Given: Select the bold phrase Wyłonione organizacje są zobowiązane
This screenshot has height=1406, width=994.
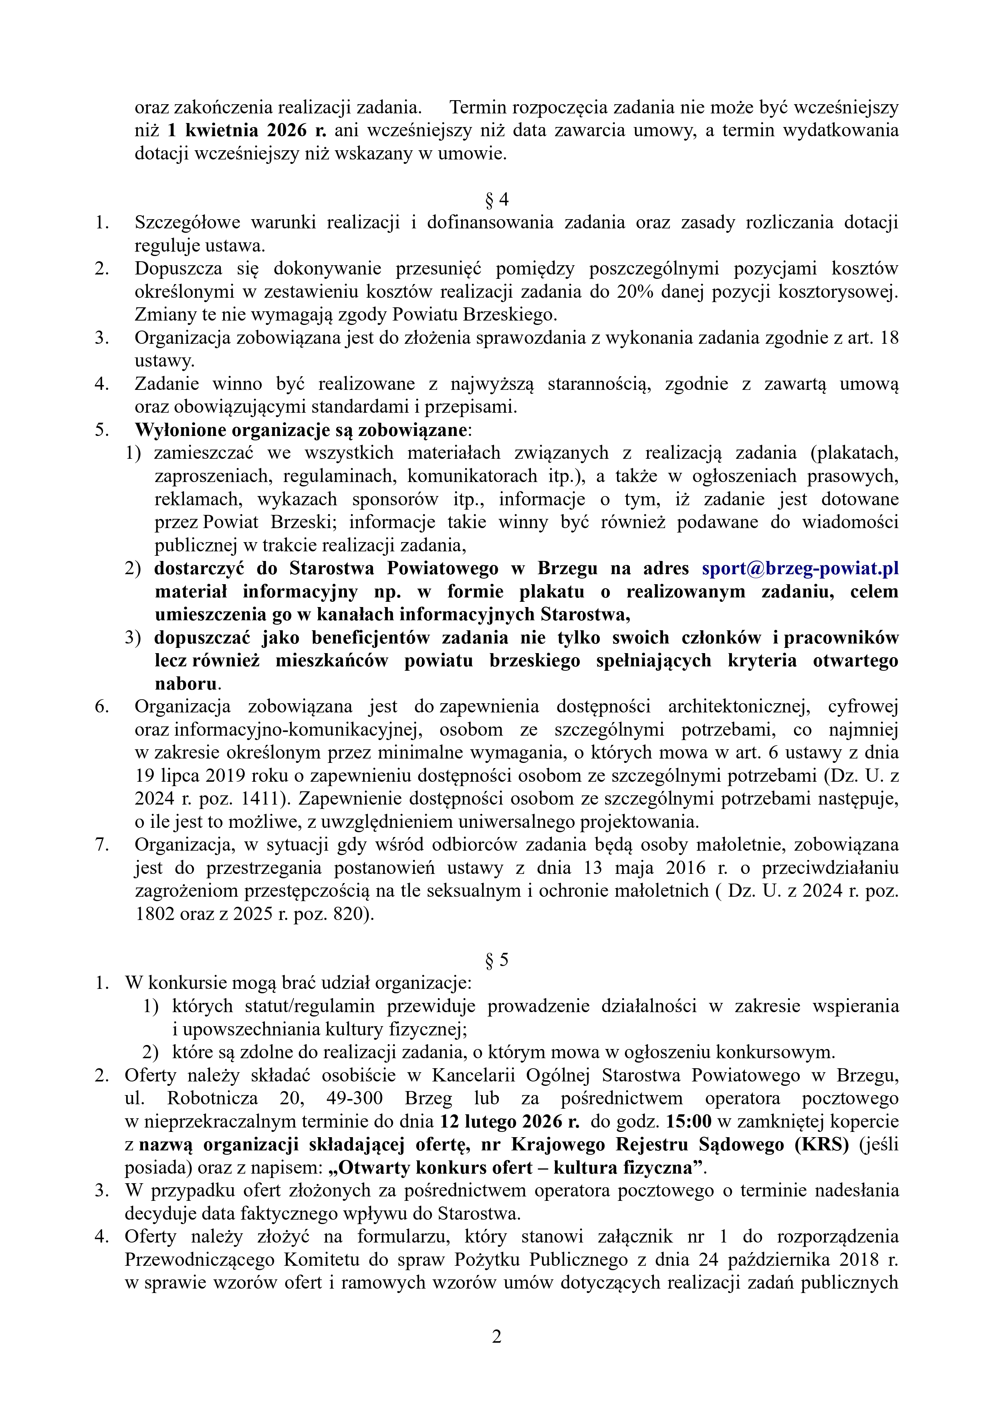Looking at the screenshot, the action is (x=301, y=430).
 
